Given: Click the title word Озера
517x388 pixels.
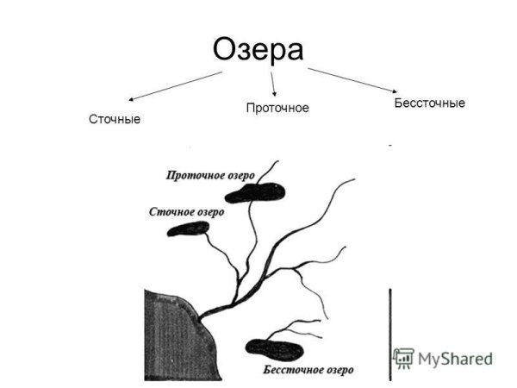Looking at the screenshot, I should tap(258, 49).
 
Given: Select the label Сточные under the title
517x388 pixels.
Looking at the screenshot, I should tap(114, 118).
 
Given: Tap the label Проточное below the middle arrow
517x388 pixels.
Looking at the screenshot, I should tap(277, 108).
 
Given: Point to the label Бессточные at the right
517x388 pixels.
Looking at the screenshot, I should tap(429, 103).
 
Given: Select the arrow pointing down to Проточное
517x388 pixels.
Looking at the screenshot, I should tap(273, 83).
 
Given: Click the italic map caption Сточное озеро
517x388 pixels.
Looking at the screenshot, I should tap(186, 211).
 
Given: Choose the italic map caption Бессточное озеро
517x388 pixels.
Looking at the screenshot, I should tap(307, 371).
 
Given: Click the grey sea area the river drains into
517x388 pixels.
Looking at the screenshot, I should tap(168, 332).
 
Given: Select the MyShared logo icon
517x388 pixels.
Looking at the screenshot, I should tap(403, 359).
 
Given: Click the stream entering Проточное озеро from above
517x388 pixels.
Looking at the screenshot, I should tap(270, 171).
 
